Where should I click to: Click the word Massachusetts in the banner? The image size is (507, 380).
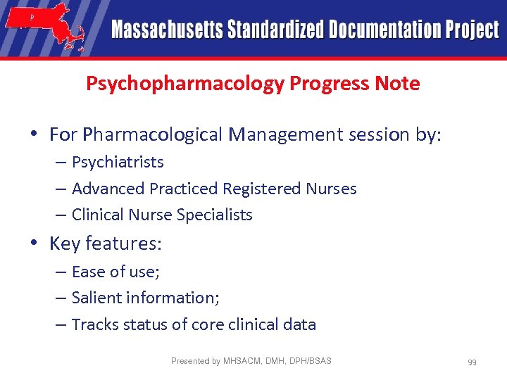[167, 30]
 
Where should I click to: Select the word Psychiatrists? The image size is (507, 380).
[118, 162]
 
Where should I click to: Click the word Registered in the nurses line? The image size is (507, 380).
[262, 189]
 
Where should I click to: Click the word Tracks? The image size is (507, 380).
[94, 324]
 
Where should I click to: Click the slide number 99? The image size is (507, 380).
[472, 362]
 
